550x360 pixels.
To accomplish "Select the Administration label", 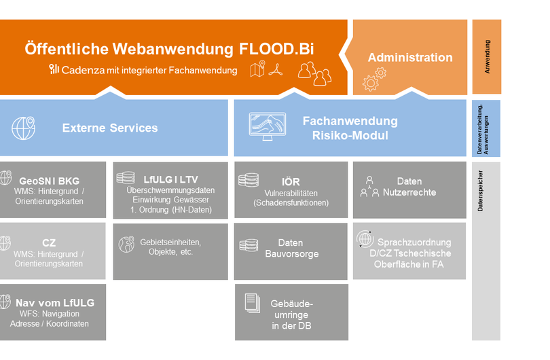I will [x=410, y=58].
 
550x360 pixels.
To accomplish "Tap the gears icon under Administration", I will [x=374, y=79].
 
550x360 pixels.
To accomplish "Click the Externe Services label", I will [x=110, y=128].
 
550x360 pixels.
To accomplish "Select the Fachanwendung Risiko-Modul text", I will [x=350, y=128].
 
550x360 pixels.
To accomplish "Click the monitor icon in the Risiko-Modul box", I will [x=266, y=127].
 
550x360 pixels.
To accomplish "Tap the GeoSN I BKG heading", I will [x=49, y=181].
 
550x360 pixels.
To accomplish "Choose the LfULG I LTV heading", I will [x=171, y=179].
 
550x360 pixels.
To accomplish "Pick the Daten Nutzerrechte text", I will [x=409, y=187].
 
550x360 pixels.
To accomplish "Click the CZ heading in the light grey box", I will [x=49, y=242].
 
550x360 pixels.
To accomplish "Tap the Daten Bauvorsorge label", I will [x=291, y=248].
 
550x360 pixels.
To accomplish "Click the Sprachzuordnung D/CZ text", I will [x=414, y=248].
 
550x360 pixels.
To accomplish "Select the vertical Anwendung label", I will [x=487, y=56].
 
